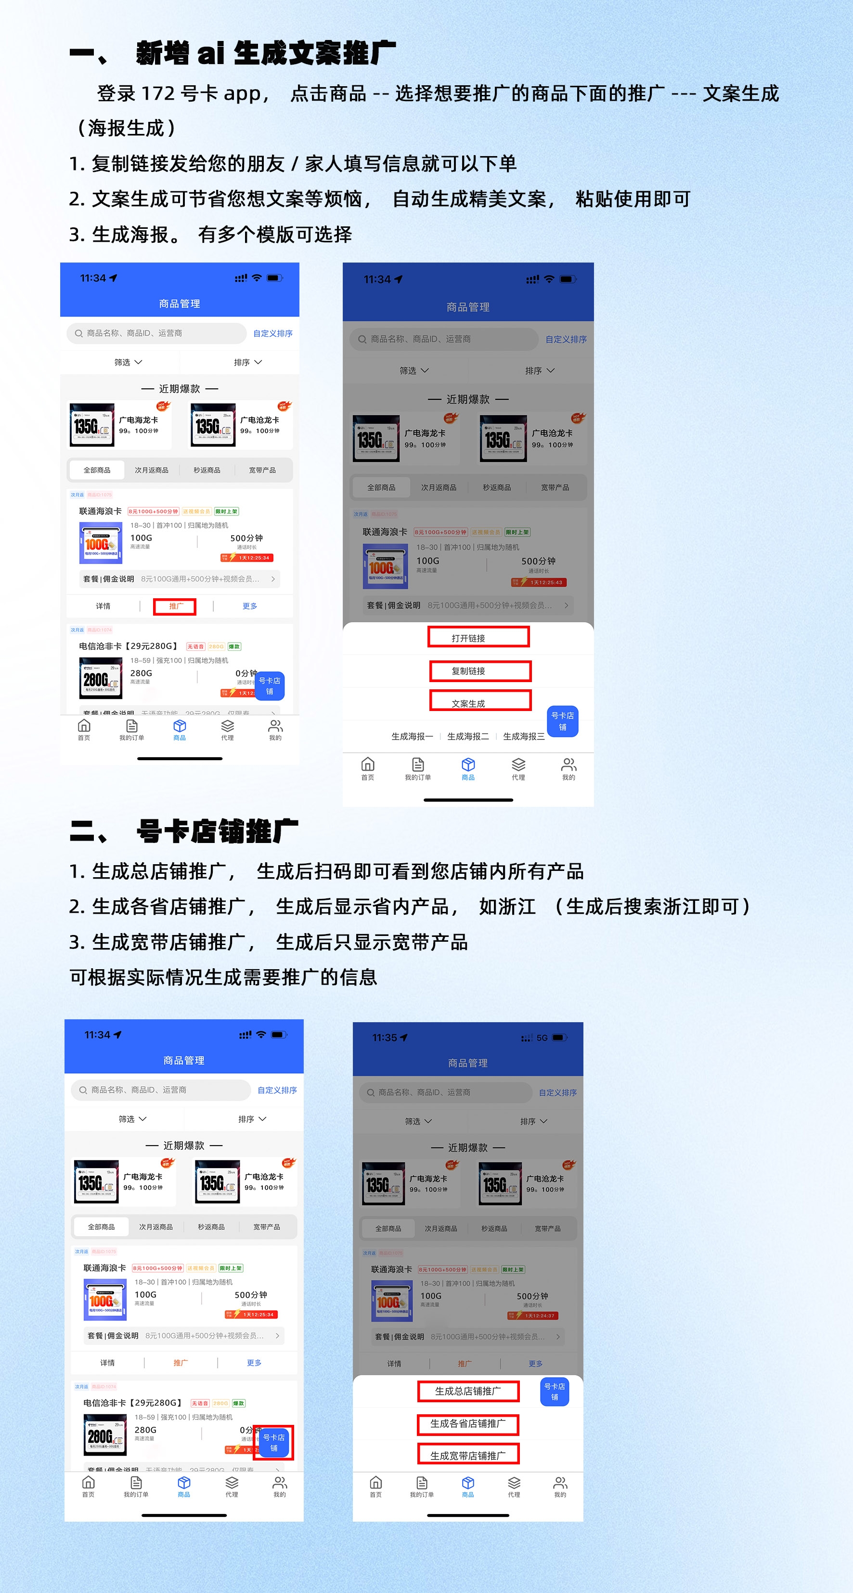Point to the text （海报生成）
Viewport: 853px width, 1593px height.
(x=127, y=128)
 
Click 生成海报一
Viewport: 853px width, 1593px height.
(x=412, y=737)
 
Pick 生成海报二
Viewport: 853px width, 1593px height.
(x=468, y=737)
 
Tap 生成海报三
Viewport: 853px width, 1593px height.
(x=524, y=737)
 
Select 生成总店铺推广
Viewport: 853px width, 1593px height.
(x=468, y=1391)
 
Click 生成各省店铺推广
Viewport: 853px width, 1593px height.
(x=468, y=1423)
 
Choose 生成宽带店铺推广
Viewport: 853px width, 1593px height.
(x=468, y=1455)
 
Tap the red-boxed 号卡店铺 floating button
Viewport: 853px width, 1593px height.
(x=273, y=1442)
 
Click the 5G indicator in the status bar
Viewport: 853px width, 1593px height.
(x=542, y=1038)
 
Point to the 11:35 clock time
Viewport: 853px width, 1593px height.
(x=385, y=1038)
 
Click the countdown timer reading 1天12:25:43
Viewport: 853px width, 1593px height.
(x=545, y=582)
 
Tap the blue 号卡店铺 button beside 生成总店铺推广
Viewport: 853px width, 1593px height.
(x=555, y=1391)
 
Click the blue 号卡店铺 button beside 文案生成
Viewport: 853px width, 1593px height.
(x=562, y=721)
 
